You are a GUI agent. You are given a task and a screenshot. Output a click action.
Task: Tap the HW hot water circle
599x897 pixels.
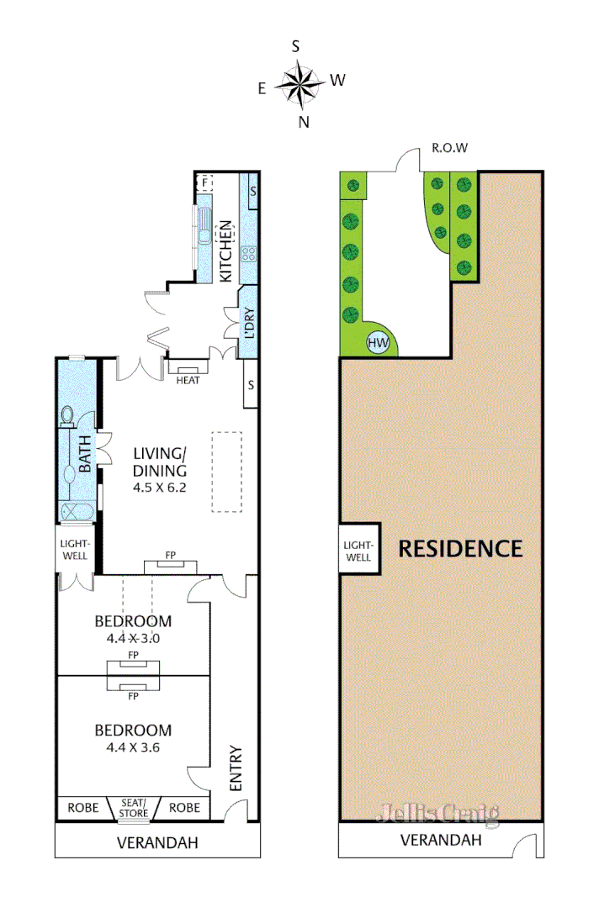379,343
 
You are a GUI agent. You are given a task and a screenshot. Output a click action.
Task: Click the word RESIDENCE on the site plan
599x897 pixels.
460,549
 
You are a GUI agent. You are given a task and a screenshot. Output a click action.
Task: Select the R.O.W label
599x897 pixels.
449,148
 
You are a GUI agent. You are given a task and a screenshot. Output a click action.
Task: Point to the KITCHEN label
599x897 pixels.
225,251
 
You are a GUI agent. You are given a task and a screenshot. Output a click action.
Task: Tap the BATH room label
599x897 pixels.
85,452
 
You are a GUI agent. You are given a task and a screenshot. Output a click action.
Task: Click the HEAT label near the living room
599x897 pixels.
188,380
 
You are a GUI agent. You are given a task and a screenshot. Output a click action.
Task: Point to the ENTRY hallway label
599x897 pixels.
236,768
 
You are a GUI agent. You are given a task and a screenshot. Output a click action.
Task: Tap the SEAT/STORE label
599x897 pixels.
133,808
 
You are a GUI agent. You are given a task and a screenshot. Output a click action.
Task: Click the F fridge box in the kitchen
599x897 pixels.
204,182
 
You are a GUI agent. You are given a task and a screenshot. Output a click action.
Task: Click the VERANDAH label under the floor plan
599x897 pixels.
157,842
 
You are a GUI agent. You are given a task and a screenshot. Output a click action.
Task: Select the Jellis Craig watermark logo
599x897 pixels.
437,814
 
